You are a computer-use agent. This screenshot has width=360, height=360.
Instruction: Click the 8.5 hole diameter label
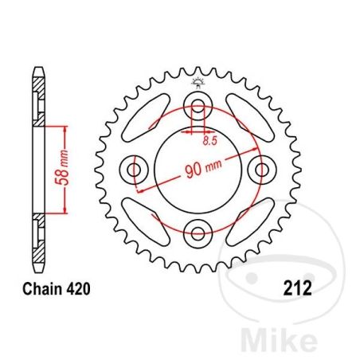[x=210, y=141]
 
